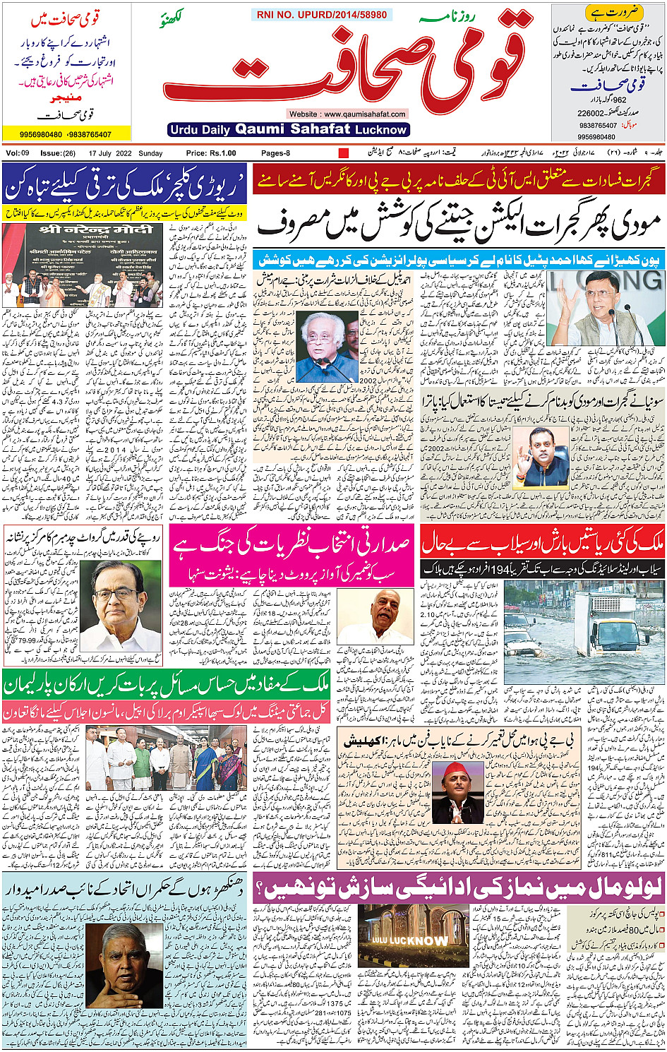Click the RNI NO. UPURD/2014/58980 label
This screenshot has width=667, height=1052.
coord(322,15)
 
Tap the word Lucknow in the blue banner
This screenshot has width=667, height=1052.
coord(381,130)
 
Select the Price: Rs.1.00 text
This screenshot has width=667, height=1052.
coord(211,153)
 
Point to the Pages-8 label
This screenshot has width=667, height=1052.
coord(275,153)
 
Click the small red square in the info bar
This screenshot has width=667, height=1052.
coord(344,153)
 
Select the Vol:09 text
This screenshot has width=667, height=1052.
coord(18,153)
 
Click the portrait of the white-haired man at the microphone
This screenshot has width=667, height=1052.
coord(327,347)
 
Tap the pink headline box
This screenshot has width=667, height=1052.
coord(292,555)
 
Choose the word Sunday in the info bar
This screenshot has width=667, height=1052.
coord(150,153)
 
